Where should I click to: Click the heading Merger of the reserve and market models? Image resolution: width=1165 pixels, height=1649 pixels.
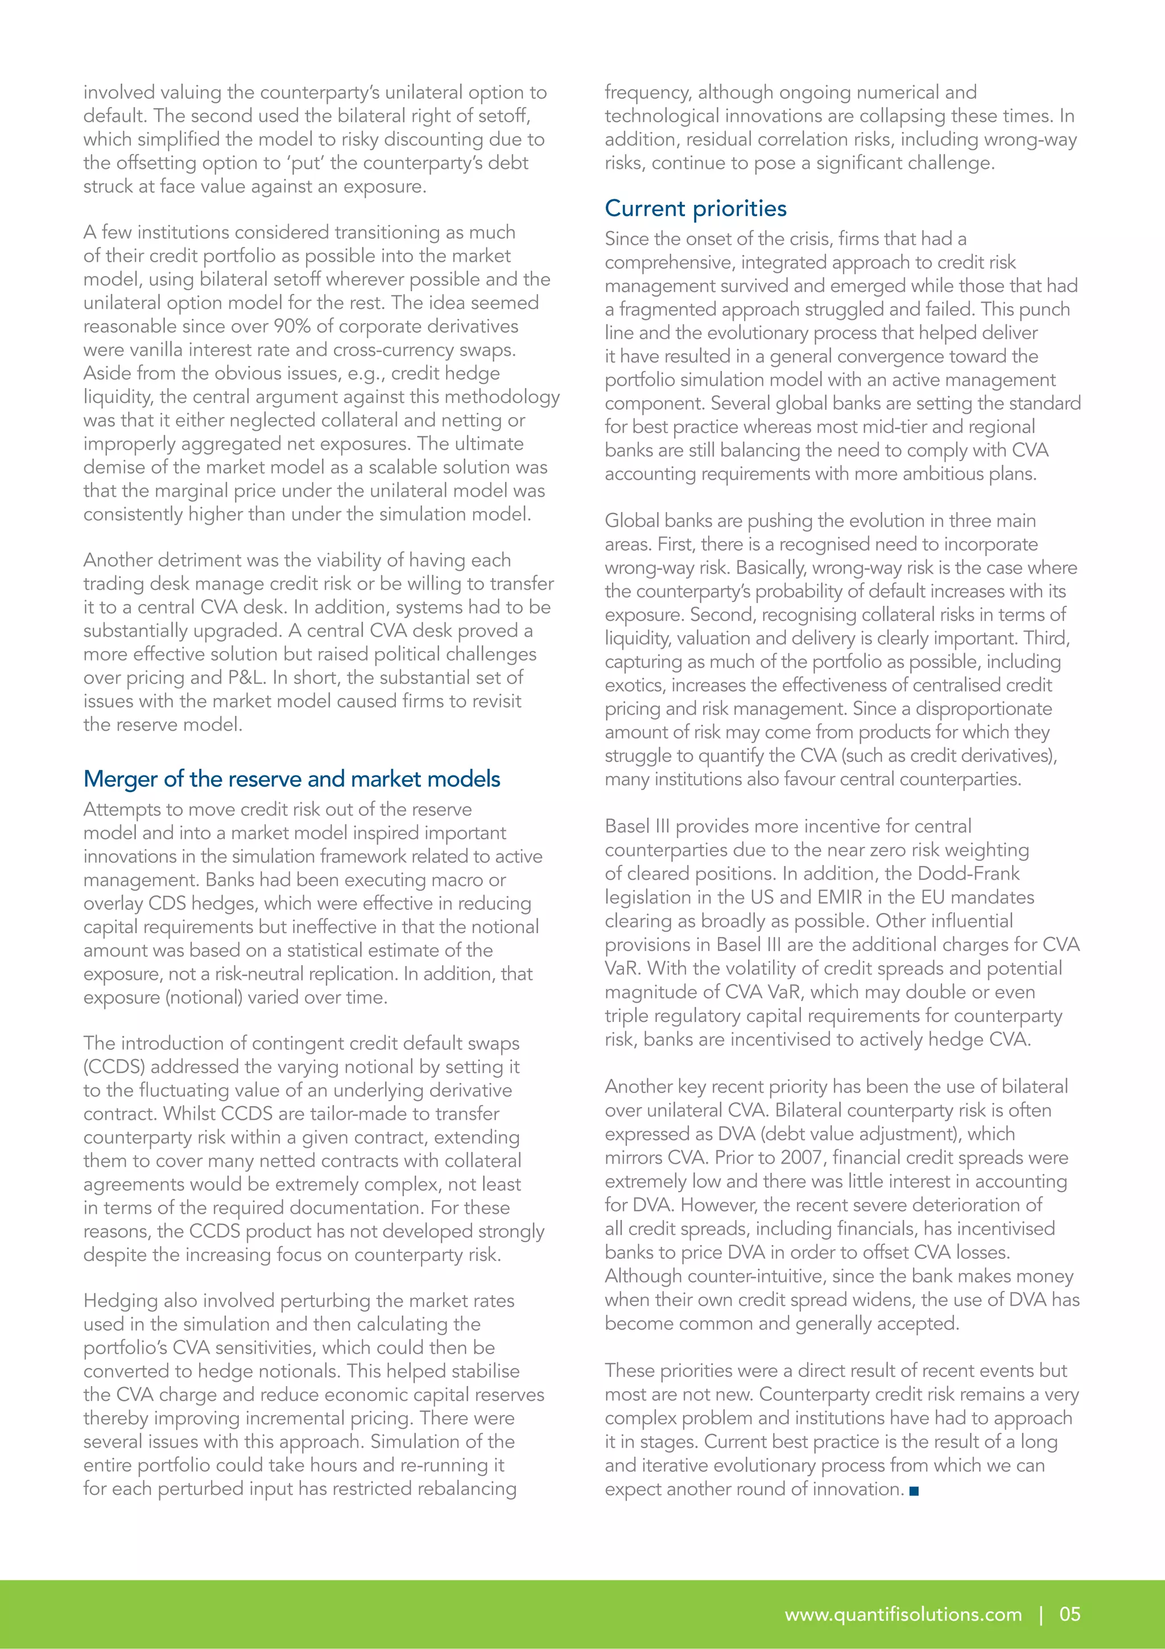(291, 778)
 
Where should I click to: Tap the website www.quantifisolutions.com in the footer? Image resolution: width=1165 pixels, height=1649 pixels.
(903, 1614)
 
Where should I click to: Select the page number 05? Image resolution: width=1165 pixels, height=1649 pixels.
(1069, 1614)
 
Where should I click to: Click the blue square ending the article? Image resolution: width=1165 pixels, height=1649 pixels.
(914, 1490)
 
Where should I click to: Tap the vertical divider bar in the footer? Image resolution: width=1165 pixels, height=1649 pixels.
(1041, 1614)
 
